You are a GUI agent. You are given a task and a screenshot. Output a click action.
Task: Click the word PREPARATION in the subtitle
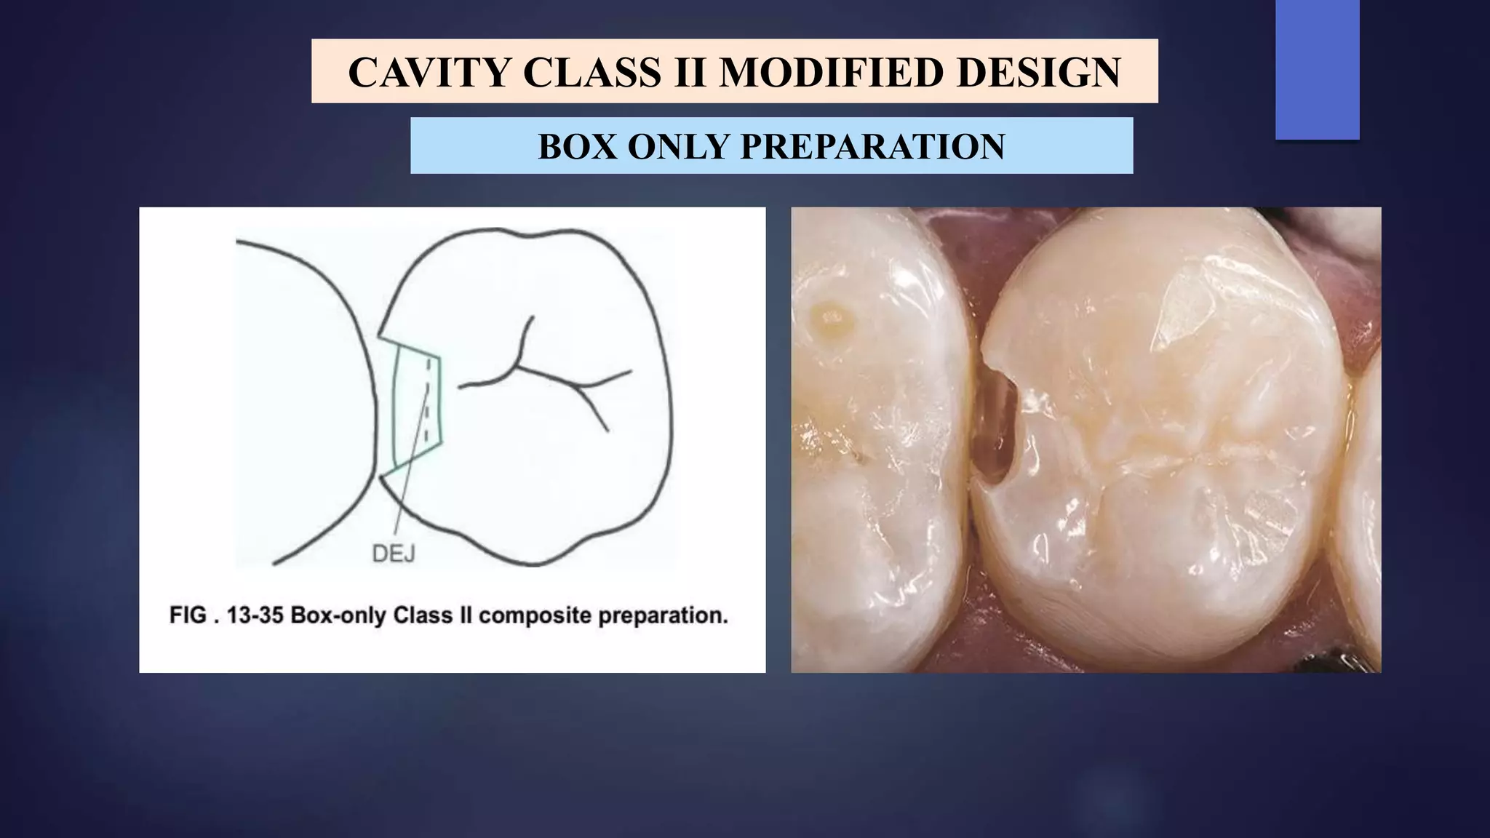coord(873,146)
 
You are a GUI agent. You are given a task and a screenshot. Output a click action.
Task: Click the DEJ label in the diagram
coord(393,554)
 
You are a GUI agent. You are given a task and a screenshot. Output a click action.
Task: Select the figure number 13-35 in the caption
coord(255,615)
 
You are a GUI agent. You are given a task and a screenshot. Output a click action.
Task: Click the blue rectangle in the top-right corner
coord(1317,69)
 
